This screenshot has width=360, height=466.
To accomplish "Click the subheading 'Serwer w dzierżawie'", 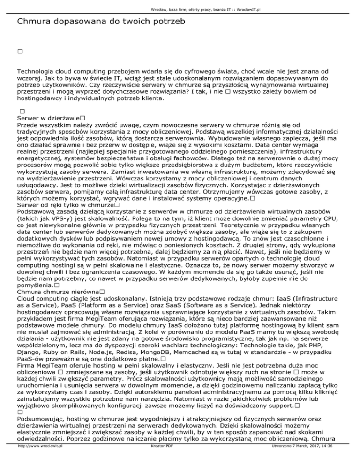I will pos(48,119).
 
